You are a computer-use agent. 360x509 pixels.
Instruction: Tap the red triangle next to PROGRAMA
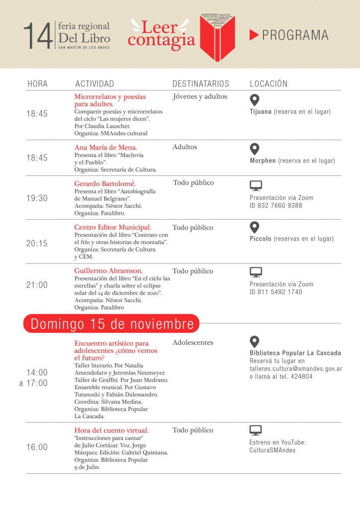(x=254, y=35)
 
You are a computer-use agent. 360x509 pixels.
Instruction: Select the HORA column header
(x=37, y=84)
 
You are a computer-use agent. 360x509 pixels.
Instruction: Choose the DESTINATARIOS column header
(x=201, y=84)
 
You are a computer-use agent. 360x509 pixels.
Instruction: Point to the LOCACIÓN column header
(x=269, y=84)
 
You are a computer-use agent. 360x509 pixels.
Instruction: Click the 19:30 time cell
(x=37, y=198)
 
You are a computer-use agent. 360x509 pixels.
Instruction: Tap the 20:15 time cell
(x=37, y=244)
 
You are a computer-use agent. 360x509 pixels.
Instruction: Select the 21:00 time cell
(x=37, y=285)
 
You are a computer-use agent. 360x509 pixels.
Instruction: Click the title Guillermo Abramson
(x=108, y=271)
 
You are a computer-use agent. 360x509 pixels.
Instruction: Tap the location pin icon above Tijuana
(x=255, y=99)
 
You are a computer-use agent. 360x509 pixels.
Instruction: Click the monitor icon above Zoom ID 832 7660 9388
(x=256, y=186)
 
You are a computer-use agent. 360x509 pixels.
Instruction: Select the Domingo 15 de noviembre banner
(x=112, y=324)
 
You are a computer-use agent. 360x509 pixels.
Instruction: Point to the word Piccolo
(x=261, y=239)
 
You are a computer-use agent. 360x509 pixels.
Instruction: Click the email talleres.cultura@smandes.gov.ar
(x=295, y=369)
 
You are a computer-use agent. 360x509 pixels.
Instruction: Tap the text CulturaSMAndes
(x=272, y=450)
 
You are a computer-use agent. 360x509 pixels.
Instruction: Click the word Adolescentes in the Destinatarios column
(x=193, y=342)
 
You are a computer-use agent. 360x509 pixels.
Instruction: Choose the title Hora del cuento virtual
(x=111, y=430)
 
